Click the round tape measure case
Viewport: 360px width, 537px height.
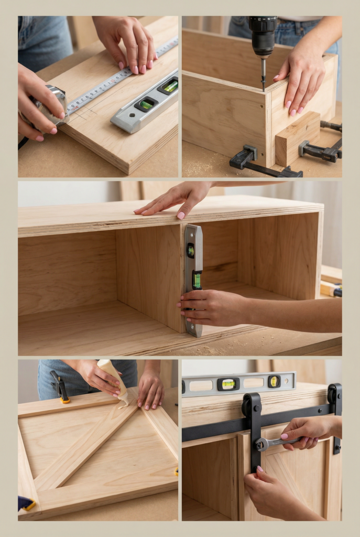point(51,104)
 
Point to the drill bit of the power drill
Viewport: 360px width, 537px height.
point(263,73)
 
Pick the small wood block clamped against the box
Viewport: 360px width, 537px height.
point(297,138)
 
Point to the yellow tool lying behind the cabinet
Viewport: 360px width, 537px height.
point(331,288)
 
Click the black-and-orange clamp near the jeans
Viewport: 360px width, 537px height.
point(60,387)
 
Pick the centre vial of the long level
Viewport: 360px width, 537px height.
point(229,384)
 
